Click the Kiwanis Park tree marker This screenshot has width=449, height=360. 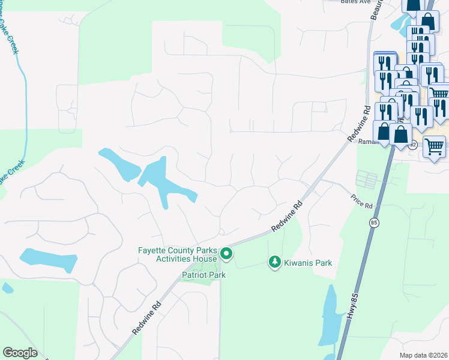pos(274,262)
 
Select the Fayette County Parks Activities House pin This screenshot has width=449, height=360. pos(226,254)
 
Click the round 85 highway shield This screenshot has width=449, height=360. pos(373,223)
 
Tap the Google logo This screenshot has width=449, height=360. pos(20,353)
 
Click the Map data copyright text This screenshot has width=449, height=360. pos(424,355)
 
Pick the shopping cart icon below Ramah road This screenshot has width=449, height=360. pos(434,146)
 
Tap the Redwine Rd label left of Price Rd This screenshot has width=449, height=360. pos(286,217)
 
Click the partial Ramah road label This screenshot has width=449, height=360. pos(367,142)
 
